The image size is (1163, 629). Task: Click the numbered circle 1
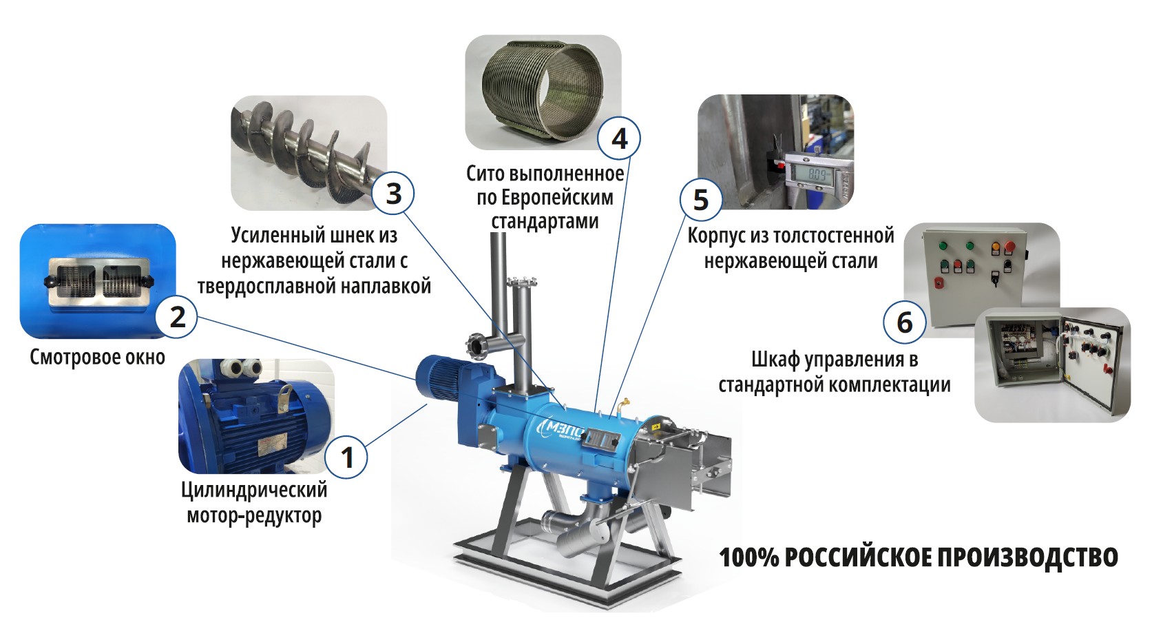coord(346,457)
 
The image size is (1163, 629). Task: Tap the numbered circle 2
coord(176,317)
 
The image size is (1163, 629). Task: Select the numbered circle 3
coord(393,193)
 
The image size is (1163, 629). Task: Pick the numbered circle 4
coord(618,138)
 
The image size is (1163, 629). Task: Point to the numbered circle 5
coord(701,200)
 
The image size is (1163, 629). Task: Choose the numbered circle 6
coord(904,322)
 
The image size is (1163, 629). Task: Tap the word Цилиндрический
coord(254,490)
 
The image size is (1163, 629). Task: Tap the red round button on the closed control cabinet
coord(1010,246)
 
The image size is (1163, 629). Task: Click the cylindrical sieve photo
coord(543,92)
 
